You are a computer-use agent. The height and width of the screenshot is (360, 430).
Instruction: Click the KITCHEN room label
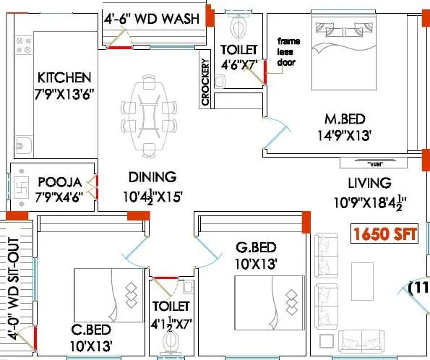click(x=64, y=77)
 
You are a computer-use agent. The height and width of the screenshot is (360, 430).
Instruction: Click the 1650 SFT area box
click(x=382, y=234)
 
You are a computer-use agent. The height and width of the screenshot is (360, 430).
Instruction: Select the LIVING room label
click(x=369, y=183)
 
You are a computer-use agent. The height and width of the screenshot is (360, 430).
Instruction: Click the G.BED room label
click(x=256, y=247)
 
